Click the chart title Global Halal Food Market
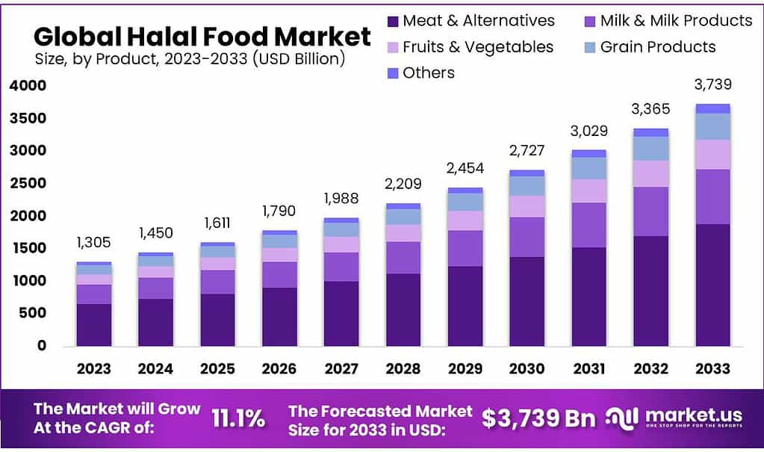coord(202,36)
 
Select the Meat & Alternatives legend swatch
coord(393,21)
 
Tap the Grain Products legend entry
coord(658,47)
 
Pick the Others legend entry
coord(428,73)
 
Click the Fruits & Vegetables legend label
coord(478,47)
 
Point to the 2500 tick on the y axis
coord(28,183)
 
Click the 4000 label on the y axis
coord(28,86)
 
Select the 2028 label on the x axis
coord(403,368)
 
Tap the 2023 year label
coord(93,368)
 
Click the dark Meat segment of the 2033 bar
coord(714,285)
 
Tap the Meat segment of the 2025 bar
coord(217,320)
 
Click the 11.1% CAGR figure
coord(237,419)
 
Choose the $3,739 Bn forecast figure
coord(538,419)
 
